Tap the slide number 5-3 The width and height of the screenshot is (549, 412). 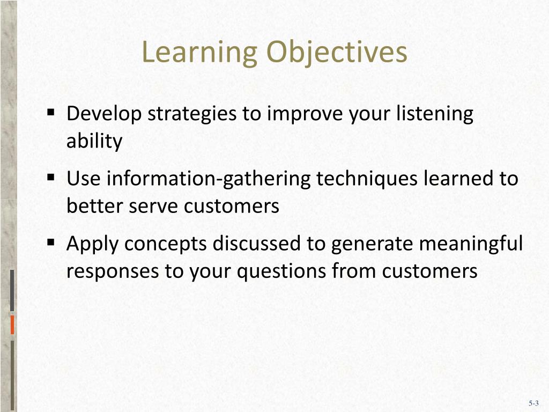tap(533, 403)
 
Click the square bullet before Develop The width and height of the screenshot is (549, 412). tap(51, 113)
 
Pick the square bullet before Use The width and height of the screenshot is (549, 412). tap(51, 177)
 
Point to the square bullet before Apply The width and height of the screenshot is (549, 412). tap(51, 242)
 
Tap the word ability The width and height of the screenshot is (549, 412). tap(94, 142)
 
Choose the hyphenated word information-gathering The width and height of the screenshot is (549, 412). tap(209, 179)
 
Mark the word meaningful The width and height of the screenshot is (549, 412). tap(470, 244)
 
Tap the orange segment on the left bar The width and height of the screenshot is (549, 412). tap(12, 325)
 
